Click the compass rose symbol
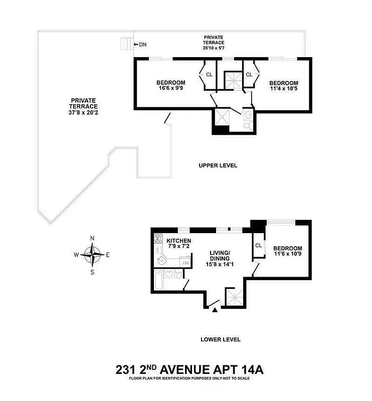[x=92, y=255]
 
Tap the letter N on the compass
[x=92, y=239]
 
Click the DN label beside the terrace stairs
[x=142, y=45]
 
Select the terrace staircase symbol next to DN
[x=127, y=44]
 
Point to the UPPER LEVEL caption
[x=218, y=165]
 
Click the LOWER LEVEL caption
[x=221, y=339]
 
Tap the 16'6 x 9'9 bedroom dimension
[x=170, y=90]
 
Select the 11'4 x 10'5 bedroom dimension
[x=283, y=90]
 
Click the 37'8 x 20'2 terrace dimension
[x=84, y=113]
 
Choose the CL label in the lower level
[x=259, y=246]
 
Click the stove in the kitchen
[x=158, y=238]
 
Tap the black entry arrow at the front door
[x=215, y=311]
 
